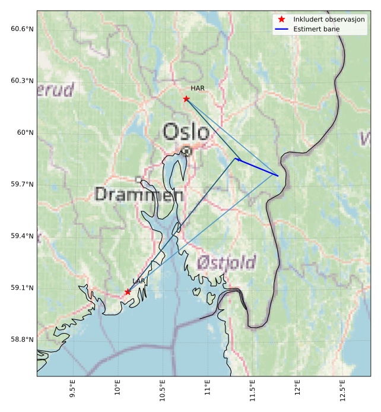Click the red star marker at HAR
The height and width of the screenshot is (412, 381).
click(x=186, y=99)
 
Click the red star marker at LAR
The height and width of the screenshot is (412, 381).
click(x=128, y=291)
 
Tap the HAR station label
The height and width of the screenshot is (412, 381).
click(x=198, y=88)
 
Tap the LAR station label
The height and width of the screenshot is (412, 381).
click(x=138, y=281)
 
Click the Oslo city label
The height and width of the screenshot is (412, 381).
click(x=186, y=132)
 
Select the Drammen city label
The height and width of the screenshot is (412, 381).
click(x=138, y=194)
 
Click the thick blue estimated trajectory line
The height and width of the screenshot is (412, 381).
click(x=258, y=167)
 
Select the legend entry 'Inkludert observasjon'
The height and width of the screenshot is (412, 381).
click(x=329, y=19)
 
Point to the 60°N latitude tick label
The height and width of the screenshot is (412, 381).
click(x=25, y=132)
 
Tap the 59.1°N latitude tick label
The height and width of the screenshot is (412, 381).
click(x=22, y=288)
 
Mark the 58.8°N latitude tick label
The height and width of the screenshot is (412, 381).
click(x=22, y=340)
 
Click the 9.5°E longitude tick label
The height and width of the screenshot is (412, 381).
click(x=72, y=392)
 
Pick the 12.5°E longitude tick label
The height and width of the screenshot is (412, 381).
click(x=342, y=392)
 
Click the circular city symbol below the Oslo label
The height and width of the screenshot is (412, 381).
click(x=187, y=151)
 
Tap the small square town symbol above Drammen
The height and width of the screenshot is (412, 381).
click(x=138, y=179)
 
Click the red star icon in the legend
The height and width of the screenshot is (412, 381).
click(x=281, y=19)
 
